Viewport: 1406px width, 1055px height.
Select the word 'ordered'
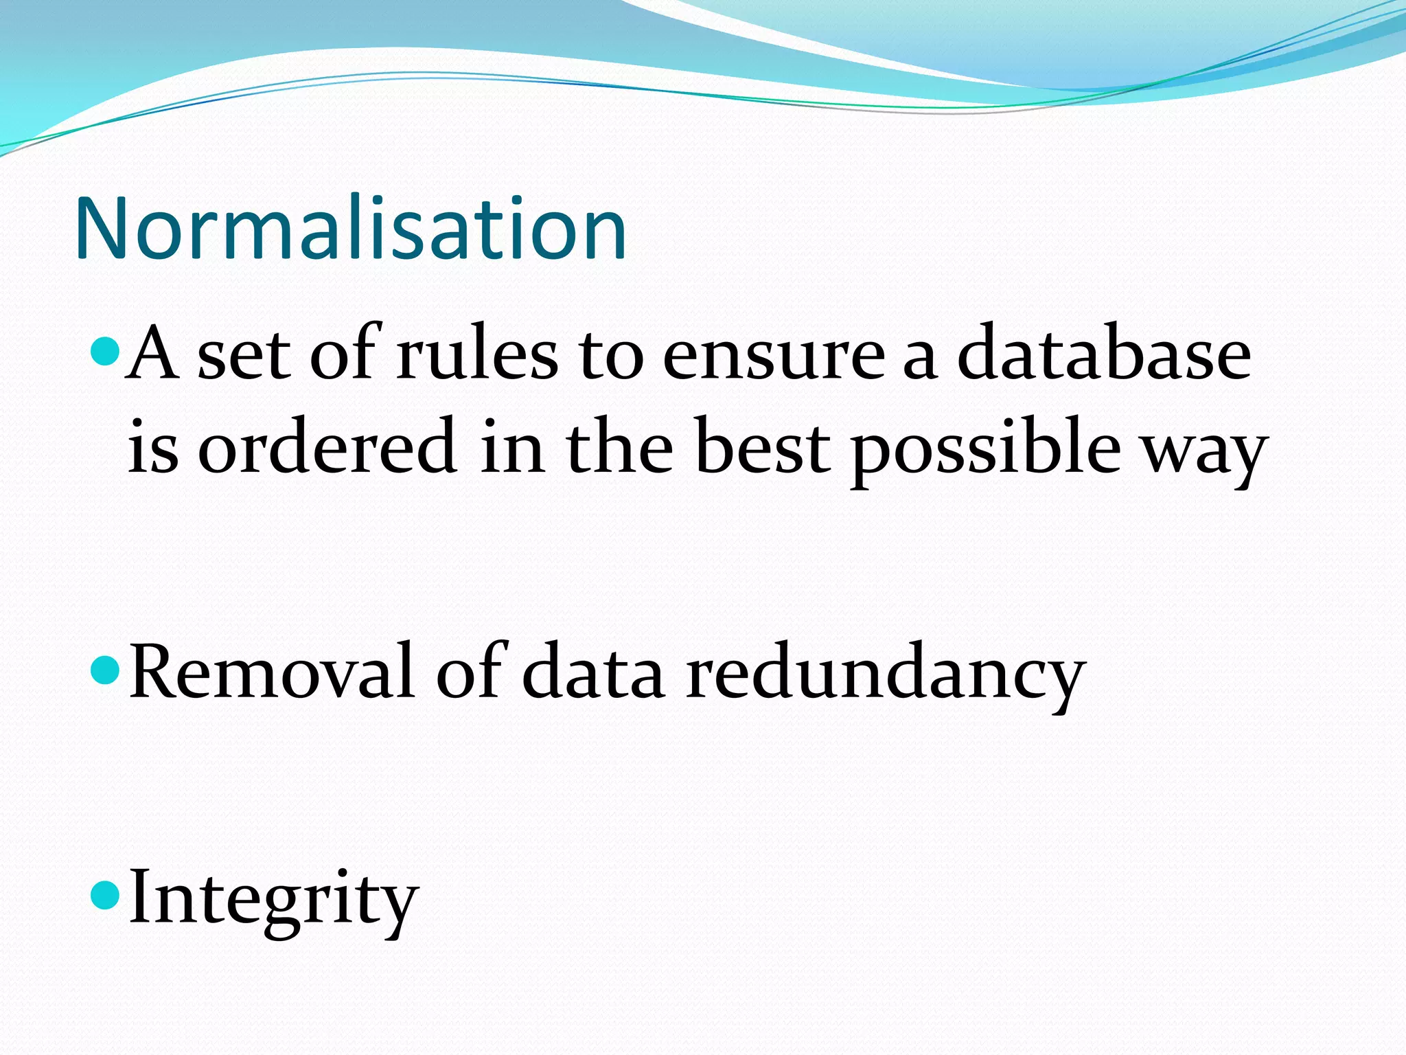pyautogui.click(x=327, y=446)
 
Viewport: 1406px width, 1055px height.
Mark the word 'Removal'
pyautogui.click(x=272, y=672)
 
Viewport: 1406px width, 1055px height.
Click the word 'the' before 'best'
pyautogui.click(x=619, y=446)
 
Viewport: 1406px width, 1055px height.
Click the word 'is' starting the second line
pyautogui.click(x=152, y=446)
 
